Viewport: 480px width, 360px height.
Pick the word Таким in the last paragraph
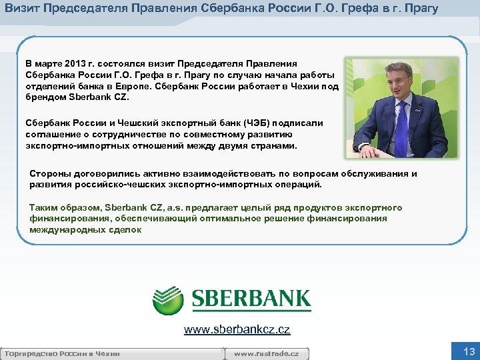(43, 207)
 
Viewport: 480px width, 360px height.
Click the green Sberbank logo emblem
(167, 300)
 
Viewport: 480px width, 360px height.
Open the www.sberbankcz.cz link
(237, 329)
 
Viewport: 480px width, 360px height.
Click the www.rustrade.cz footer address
(267, 353)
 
